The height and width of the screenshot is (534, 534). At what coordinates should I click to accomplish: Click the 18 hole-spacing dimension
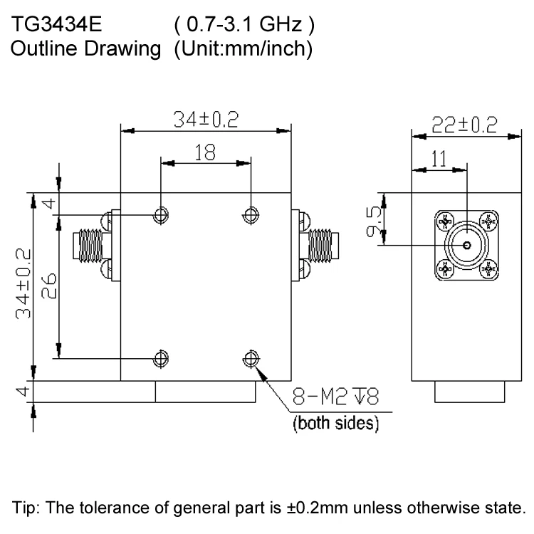[206, 153]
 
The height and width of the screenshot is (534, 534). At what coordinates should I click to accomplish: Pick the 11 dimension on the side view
[439, 159]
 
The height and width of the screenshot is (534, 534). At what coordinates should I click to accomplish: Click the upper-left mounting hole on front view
[162, 214]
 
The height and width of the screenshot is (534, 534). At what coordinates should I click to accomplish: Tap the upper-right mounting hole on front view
[250, 214]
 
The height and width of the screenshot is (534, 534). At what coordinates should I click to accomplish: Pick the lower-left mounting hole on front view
[162, 358]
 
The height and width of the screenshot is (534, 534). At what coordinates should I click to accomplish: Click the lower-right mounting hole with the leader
[250, 358]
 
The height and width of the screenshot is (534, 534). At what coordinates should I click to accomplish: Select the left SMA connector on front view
[89, 245]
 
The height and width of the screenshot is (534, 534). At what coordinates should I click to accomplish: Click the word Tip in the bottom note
[27, 508]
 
